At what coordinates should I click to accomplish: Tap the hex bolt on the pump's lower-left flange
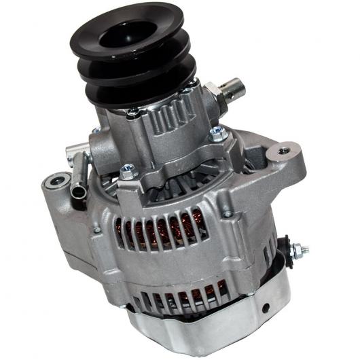click(x=128, y=173)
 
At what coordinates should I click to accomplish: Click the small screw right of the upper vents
click(x=227, y=215)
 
